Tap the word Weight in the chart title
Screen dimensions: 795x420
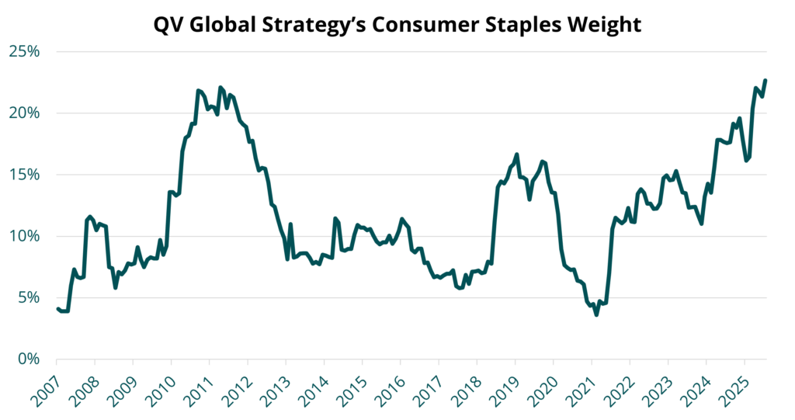pos(609,25)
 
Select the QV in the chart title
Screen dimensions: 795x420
pos(168,24)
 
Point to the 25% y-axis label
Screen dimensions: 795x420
pos(24,52)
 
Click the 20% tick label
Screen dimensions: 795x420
pos(24,113)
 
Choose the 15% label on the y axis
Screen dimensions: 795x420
pos(24,175)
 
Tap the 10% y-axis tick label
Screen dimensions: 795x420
pos(24,236)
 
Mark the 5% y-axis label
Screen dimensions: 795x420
pos(29,298)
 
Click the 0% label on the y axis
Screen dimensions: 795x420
pos(29,359)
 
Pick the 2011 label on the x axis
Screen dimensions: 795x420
pos(199,387)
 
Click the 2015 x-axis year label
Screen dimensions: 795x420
pos(352,387)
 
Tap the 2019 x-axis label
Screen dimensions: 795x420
pos(505,387)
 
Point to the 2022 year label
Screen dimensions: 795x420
pos(619,387)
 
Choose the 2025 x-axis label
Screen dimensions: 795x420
pos(734,387)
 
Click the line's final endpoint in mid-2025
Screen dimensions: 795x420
pos(765,80)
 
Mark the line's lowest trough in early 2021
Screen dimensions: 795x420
pos(597,315)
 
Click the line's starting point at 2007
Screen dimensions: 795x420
pos(57,308)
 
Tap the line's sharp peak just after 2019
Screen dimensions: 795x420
pos(516,154)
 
